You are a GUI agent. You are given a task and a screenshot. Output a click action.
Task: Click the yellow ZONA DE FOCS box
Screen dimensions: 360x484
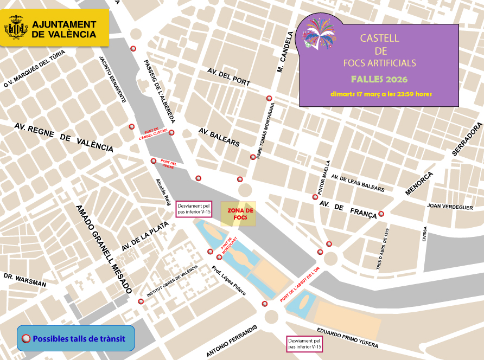pos(238,214)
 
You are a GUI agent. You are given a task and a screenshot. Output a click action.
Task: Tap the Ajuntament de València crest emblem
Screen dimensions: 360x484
pos(16,28)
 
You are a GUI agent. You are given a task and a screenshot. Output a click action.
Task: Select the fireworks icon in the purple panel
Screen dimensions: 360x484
pos(319,33)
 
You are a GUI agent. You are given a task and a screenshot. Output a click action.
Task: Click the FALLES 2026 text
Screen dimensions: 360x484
pos(379,79)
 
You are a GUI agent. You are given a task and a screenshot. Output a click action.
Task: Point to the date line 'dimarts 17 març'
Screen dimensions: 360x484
pos(381,94)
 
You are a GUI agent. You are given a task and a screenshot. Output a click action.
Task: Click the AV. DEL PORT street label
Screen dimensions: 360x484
pos(228,77)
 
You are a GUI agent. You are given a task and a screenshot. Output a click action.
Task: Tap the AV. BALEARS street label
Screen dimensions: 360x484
pos(219,137)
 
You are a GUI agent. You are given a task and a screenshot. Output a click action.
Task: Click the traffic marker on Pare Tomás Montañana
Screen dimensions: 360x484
pos(252,157)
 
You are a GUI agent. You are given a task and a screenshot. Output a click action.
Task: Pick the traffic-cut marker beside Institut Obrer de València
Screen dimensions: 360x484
pos(141,301)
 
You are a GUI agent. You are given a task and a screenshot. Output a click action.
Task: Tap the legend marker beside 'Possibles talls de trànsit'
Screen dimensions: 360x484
pos(26,339)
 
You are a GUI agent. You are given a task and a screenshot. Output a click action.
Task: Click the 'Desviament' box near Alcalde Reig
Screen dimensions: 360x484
pos(194,209)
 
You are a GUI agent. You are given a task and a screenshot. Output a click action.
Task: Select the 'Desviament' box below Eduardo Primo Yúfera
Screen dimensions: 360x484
pos(304,344)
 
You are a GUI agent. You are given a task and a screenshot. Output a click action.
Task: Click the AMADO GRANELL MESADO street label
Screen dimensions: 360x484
pos(104,249)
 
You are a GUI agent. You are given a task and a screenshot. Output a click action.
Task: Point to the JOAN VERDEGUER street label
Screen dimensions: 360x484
pos(450,207)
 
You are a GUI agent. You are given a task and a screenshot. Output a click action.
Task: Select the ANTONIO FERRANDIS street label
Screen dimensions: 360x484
pos(231,341)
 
